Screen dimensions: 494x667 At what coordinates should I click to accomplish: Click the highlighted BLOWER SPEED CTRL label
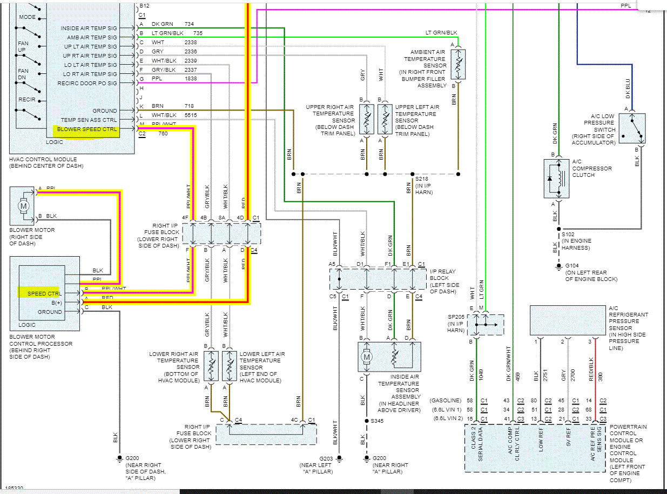click(x=87, y=129)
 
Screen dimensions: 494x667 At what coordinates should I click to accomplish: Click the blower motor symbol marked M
click(x=23, y=205)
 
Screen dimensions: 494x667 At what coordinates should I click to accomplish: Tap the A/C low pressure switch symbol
click(x=632, y=128)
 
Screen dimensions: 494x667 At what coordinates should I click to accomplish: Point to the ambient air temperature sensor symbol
click(x=458, y=64)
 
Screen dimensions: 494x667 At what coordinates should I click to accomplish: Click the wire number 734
click(x=189, y=24)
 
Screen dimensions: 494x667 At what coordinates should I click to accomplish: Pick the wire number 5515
click(x=191, y=115)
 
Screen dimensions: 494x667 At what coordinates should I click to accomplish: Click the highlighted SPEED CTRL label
click(x=44, y=293)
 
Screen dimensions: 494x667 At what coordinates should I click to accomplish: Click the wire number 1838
click(x=191, y=79)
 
